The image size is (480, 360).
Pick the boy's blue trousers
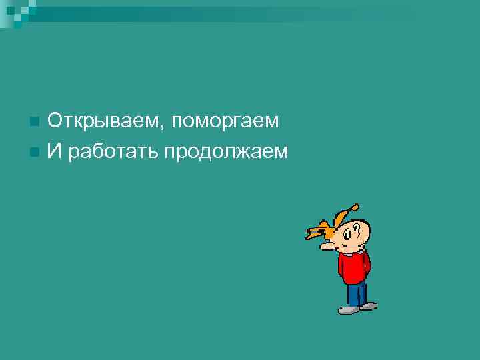[357, 293]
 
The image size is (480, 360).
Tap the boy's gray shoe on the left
[348, 309]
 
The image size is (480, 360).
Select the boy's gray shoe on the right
[367, 306]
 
